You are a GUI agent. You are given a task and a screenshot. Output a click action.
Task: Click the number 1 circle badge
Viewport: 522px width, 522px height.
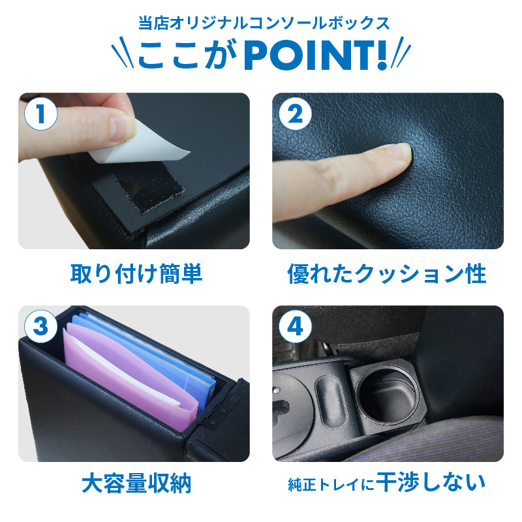[40, 114]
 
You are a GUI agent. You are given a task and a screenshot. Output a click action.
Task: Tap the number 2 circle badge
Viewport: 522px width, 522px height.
[295, 114]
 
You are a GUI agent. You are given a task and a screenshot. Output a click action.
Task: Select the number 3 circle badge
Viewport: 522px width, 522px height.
[40, 326]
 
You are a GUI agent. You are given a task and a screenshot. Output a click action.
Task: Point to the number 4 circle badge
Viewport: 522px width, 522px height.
[295, 326]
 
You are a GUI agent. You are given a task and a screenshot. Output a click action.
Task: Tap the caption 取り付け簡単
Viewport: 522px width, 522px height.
[136, 273]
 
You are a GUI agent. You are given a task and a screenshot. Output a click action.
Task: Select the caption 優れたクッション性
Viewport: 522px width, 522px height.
[387, 273]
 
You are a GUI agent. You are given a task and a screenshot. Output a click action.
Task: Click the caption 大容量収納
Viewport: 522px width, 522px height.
[136, 483]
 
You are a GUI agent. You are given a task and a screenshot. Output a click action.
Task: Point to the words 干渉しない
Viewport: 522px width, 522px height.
[431, 482]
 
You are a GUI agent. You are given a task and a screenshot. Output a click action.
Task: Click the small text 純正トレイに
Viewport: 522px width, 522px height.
[331, 485]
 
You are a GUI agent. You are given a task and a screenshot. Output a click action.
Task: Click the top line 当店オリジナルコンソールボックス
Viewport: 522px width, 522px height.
[264, 23]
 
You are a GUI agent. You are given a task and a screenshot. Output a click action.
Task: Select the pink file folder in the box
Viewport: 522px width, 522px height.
[130, 376]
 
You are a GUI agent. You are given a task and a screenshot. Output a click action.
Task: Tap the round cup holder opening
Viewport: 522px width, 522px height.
[386, 393]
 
